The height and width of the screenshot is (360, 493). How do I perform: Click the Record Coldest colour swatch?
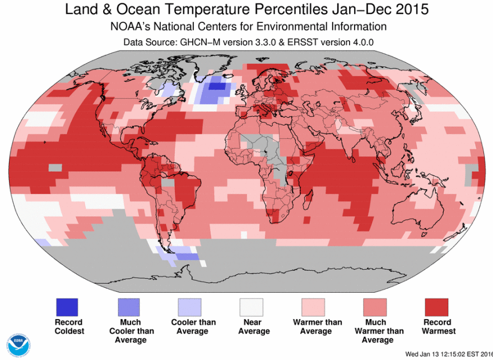67,307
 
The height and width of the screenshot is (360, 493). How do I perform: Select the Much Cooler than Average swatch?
128,307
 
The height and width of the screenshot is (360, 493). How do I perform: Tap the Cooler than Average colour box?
189,307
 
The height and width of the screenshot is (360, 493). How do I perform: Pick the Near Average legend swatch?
251,307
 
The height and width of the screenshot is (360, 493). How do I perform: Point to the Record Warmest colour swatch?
436,307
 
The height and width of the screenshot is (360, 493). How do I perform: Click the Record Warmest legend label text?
437,326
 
